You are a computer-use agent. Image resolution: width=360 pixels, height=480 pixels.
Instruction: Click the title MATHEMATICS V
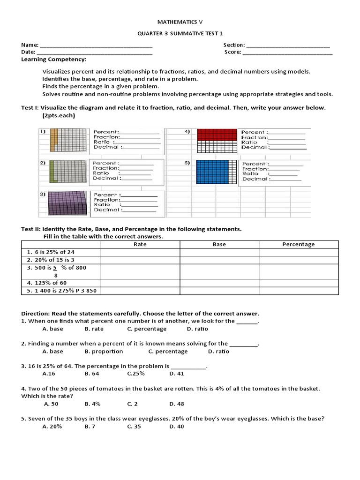click(180, 22)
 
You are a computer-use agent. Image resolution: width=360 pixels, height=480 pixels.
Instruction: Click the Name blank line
click(96, 46)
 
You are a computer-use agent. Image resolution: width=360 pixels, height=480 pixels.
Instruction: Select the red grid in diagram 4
click(217, 135)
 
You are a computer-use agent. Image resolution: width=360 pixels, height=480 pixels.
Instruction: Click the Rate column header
click(140, 244)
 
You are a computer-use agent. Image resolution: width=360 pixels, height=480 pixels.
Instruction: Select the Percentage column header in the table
click(298, 244)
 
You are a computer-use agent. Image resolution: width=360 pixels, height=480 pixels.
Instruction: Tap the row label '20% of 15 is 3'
click(51, 260)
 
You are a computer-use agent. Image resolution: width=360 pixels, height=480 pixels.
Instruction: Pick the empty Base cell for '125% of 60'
click(219, 283)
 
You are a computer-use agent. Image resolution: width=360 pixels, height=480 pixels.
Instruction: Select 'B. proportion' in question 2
click(104, 352)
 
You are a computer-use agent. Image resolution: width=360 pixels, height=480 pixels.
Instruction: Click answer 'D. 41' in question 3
click(177, 374)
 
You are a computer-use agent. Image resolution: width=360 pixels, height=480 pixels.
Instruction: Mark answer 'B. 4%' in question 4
click(93, 404)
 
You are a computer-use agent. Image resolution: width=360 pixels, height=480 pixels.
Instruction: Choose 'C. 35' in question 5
click(134, 427)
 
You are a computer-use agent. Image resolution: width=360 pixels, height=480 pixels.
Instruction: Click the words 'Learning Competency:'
click(53, 60)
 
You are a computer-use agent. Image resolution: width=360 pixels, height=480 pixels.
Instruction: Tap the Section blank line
click(288, 46)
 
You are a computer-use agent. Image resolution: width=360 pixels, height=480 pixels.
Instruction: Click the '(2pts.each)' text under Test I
click(58, 115)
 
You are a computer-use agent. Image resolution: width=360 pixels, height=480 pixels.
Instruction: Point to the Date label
click(28, 52)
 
